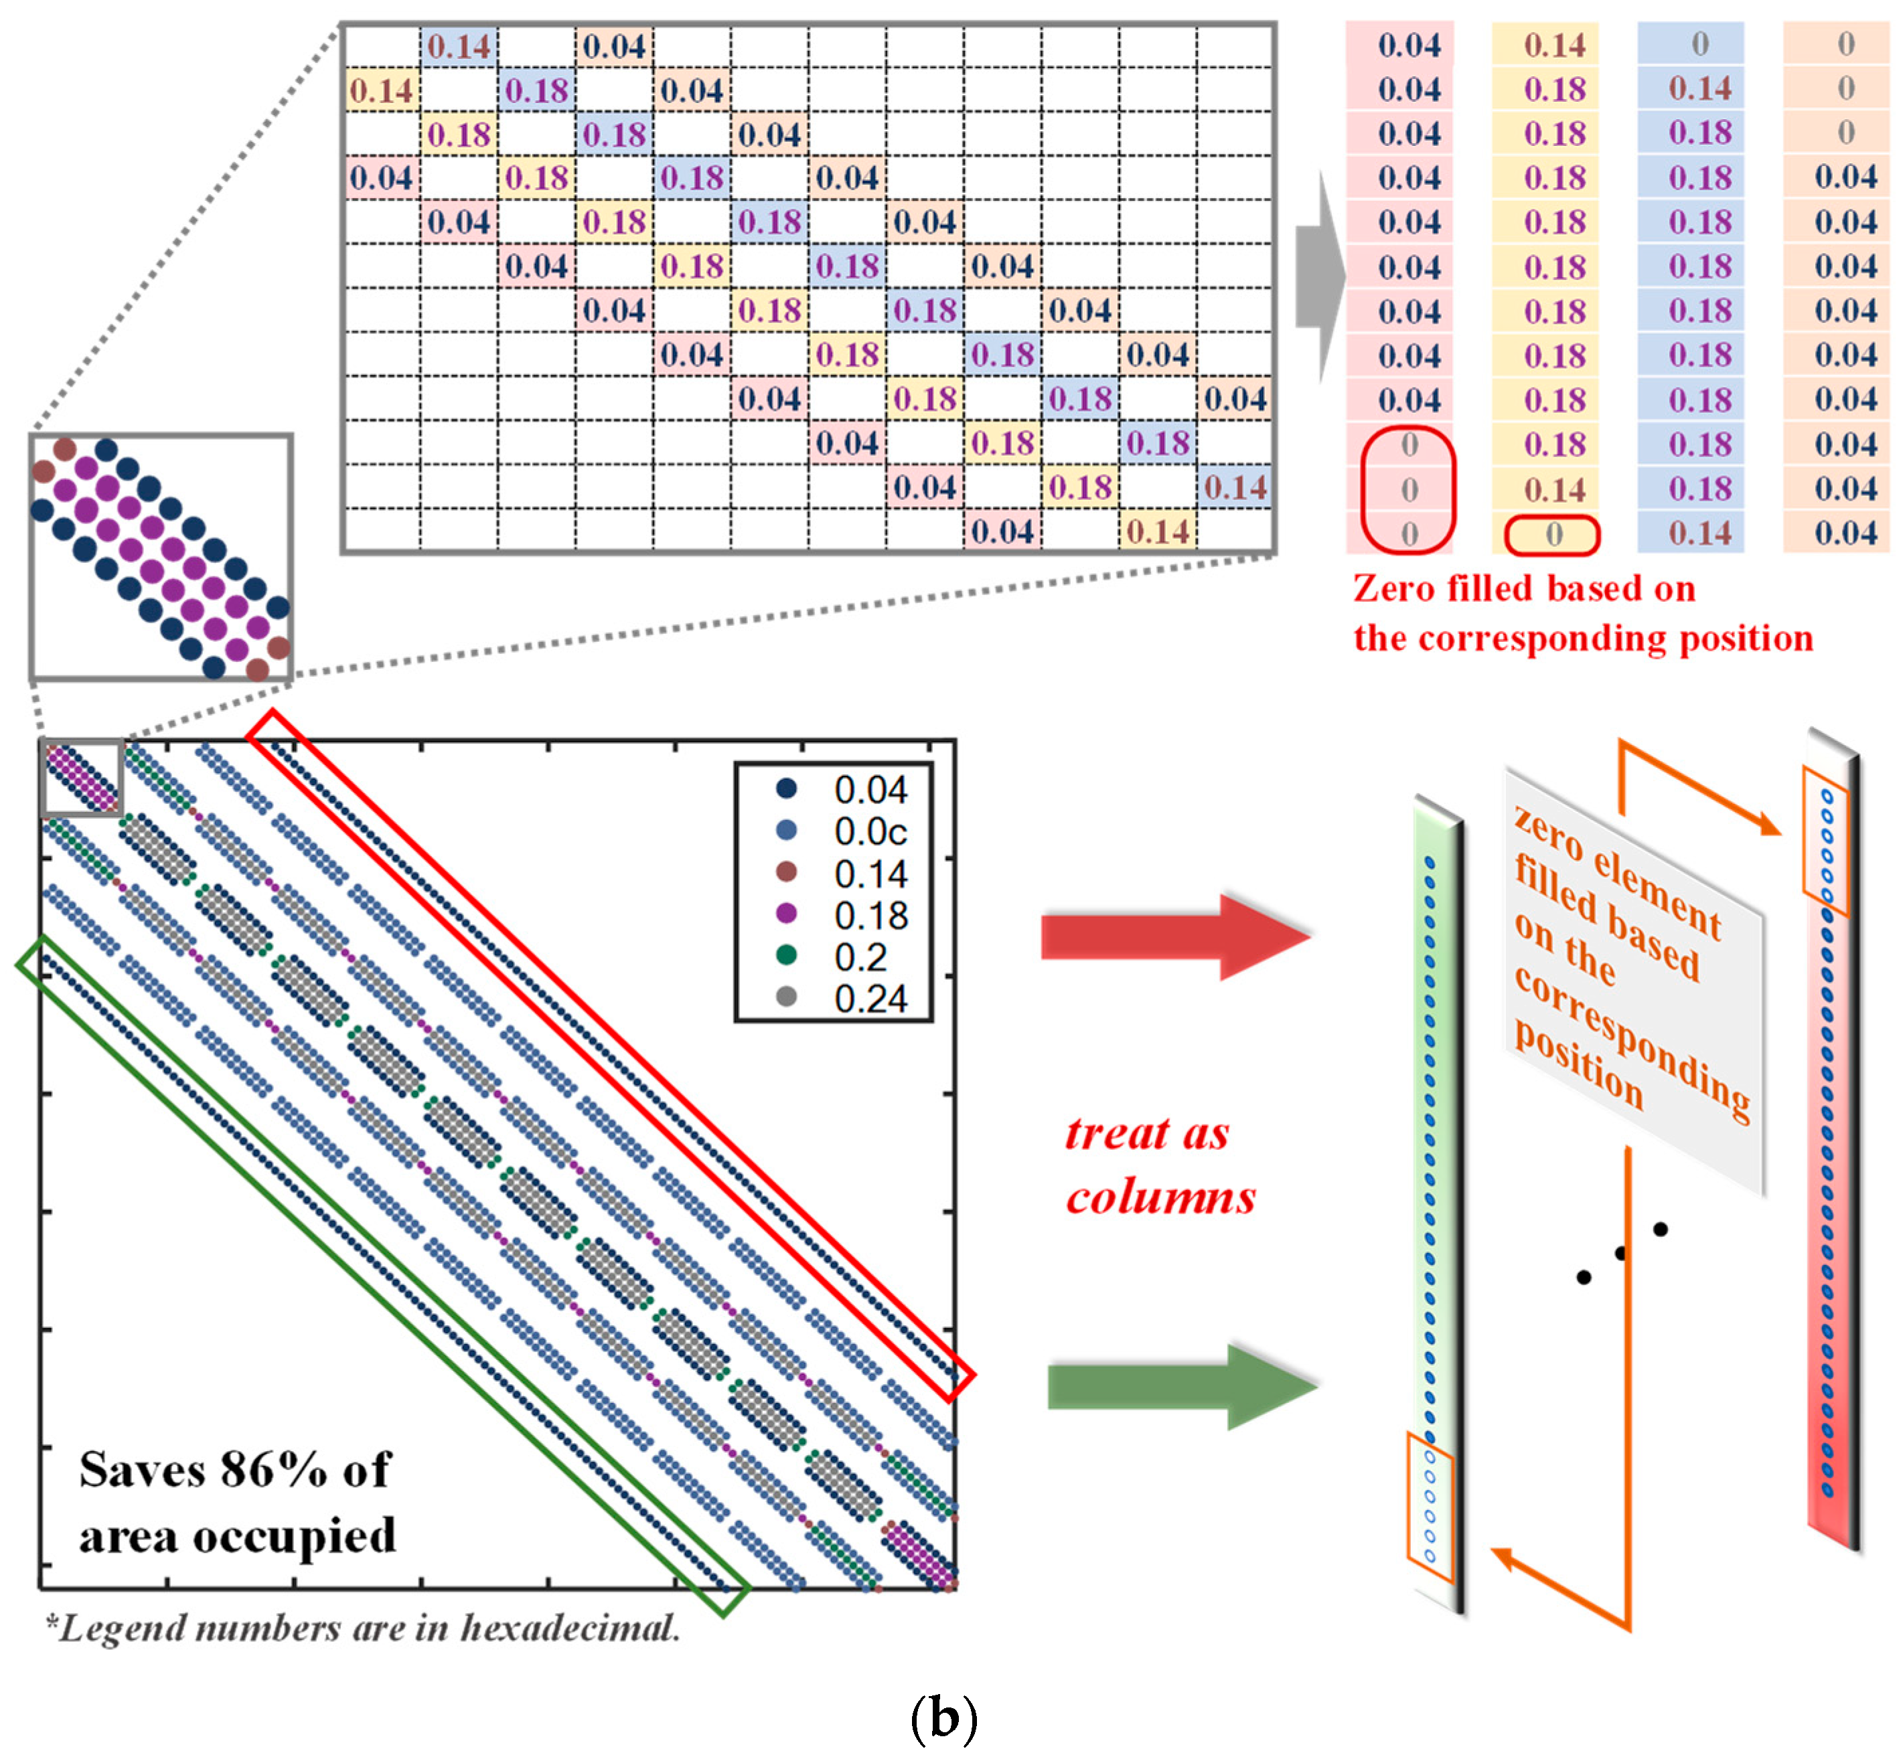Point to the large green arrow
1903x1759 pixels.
(1181, 1386)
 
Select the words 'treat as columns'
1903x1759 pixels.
(1158, 1164)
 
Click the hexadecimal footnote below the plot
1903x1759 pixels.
(364, 1628)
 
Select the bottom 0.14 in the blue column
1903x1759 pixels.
(1699, 533)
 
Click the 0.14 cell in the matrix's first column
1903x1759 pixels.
(381, 90)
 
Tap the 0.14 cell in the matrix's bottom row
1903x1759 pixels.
(1158, 531)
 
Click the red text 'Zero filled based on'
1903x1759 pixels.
(1523, 588)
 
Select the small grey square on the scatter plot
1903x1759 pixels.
(82, 776)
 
